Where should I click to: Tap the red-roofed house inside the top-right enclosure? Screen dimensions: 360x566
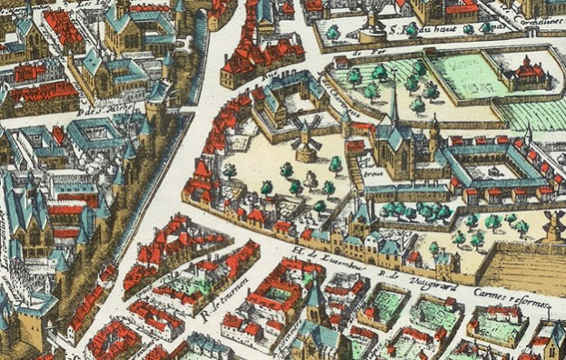tap(526, 72)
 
